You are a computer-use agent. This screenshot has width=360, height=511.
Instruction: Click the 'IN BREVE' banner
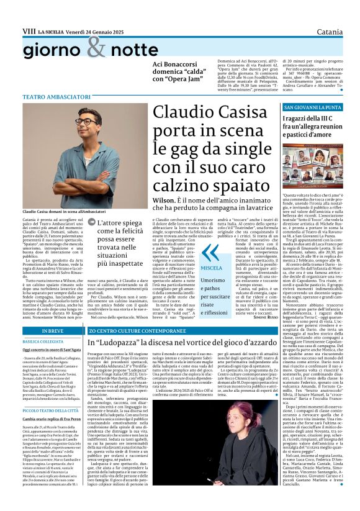point(37,332)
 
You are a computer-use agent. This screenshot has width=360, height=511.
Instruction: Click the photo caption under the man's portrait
point(52,195)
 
